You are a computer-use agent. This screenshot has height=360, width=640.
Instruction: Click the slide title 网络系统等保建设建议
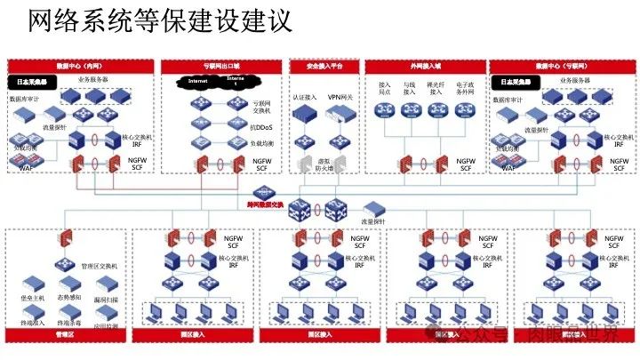(x=160, y=20)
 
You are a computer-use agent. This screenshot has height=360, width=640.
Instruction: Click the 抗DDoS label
(x=238, y=126)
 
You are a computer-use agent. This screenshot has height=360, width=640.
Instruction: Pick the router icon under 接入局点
(x=385, y=110)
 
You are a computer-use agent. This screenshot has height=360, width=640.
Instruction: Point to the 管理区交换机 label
(x=100, y=266)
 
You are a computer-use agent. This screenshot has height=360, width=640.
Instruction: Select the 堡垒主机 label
(x=32, y=299)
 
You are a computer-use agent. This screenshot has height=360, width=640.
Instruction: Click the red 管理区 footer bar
(x=65, y=336)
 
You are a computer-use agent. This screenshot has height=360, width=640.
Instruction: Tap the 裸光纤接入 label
(x=436, y=89)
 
